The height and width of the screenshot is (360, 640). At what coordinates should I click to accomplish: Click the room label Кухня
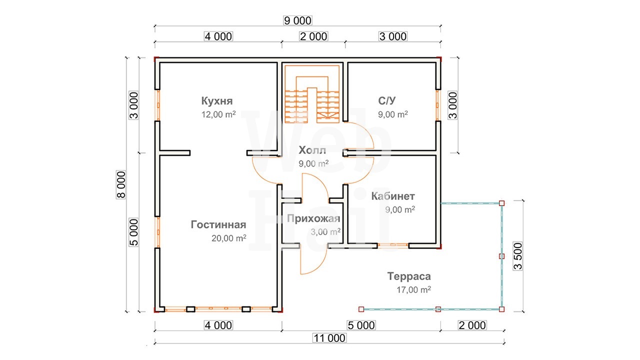[x=217, y=101]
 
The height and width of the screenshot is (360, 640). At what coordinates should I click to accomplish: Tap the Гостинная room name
[x=218, y=224]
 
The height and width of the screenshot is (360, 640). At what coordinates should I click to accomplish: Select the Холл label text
[x=312, y=150]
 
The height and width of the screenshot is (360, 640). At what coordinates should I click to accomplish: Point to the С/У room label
[x=387, y=100]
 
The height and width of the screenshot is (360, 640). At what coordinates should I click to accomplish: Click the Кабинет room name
[x=393, y=196]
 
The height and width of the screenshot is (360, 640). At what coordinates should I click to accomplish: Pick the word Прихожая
[x=313, y=218]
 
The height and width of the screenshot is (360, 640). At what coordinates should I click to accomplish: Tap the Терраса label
[x=409, y=276]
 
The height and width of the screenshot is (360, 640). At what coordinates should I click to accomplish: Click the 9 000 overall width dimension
[x=297, y=20]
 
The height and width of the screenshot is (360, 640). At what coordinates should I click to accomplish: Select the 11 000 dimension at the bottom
[x=329, y=338]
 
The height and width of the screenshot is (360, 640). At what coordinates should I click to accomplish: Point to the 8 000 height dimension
[x=121, y=184]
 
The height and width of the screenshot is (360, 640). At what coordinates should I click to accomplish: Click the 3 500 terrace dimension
[x=517, y=256]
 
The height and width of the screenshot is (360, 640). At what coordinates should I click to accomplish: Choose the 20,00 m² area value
[x=229, y=238]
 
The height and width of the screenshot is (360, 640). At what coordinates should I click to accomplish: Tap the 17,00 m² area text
[x=413, y=289]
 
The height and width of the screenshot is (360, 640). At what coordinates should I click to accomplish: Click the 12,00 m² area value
[x=218, y=114]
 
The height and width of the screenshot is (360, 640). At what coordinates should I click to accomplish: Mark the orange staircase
[x=312, y=94]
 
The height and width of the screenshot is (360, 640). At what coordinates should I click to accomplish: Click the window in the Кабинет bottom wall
[x=393, y=245]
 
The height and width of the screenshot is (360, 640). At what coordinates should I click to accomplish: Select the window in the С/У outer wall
[x=437, y=105]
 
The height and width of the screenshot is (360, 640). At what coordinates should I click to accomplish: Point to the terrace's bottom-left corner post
[x=361, y=309]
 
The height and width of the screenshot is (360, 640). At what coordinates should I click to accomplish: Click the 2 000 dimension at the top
[x=313, y=36]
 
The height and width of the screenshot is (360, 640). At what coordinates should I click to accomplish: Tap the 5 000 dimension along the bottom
[x=361, y=325]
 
